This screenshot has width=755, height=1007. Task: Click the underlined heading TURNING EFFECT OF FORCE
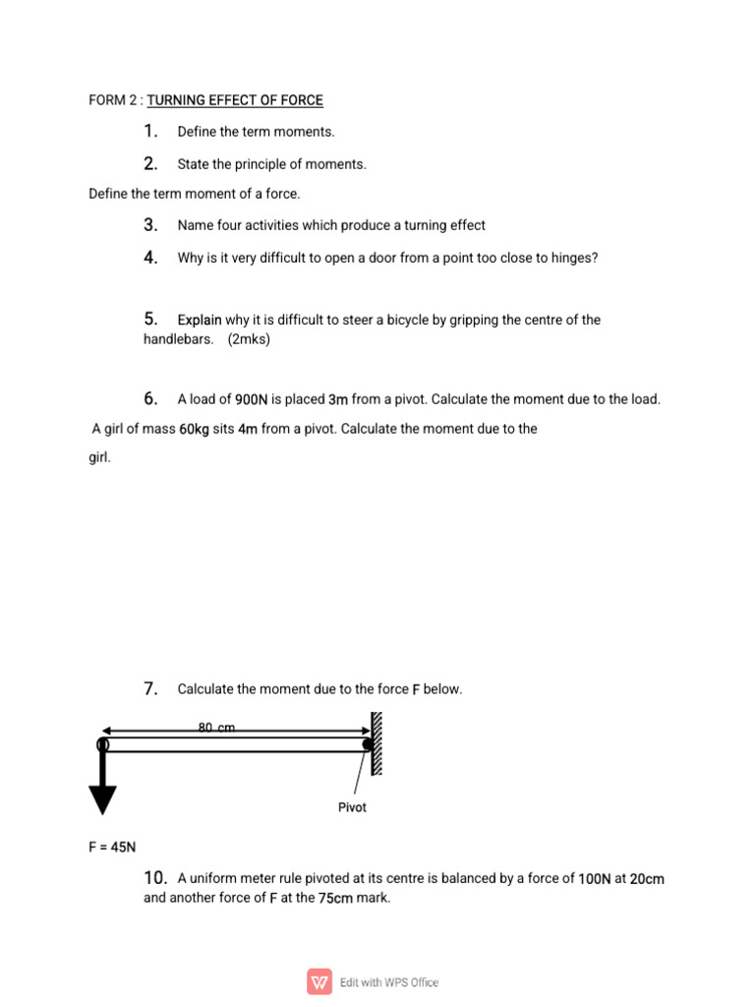click(x=235, y=100)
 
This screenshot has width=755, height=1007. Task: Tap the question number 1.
click(x=150, y=132)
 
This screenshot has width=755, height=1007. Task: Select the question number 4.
click(x=150, y=258)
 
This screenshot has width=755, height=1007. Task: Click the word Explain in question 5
click(x=200, y=320)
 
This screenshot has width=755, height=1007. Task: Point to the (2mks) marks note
click(x=248, y=339)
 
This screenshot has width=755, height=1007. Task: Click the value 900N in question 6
click(x=252, y=399)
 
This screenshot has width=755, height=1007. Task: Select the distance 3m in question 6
click(x=338, y=399)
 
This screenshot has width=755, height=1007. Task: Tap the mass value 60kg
click(x=194, y=429)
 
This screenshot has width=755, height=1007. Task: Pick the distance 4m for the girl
click(x=248, y=429)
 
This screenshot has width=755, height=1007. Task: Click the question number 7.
click(x=150, y=689)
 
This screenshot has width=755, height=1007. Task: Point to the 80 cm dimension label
click(x=217, y=728)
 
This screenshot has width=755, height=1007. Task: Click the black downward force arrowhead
click(x=102, y=798)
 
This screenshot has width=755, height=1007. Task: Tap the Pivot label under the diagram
click(x=352, y=807)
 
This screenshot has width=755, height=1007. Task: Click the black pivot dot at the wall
click(x=368, y=745)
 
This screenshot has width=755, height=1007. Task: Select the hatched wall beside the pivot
click(x=377, y=744)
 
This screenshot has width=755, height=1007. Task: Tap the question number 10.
click(x=155, y=877)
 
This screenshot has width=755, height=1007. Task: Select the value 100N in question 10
click(x=595, y=878)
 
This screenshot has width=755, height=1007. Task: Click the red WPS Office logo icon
click(x=319, y=981)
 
